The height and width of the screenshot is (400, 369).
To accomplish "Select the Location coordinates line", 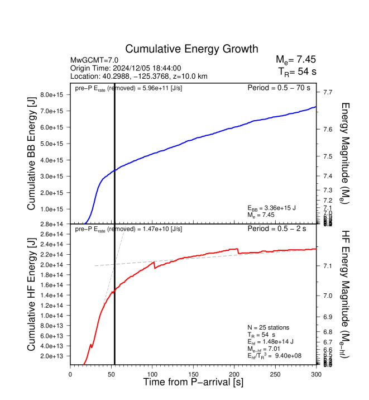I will [139, 76].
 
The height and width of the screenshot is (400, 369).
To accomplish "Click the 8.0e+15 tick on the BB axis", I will [54, 95].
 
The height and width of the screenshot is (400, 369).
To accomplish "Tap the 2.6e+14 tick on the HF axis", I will [54, 234].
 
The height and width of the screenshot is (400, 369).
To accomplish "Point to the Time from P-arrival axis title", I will [193, 383].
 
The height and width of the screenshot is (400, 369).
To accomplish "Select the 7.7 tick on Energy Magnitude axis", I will [328, 92].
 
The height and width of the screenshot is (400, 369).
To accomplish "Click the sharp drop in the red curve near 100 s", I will [155, 265].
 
